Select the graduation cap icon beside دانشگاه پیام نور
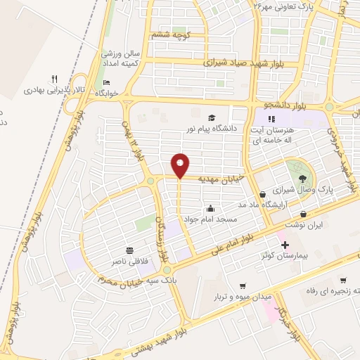212,117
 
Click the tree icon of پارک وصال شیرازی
302,178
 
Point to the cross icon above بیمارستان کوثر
284,245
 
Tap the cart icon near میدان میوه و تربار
243,286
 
